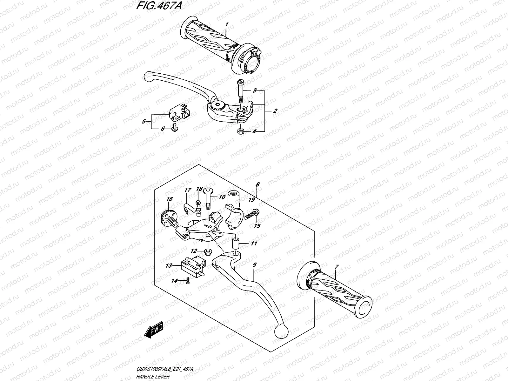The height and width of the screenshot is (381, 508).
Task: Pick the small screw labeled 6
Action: point(174,128)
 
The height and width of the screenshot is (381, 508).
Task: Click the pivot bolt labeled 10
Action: point(208,201)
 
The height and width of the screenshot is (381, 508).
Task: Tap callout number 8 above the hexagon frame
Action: point(257,184)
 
